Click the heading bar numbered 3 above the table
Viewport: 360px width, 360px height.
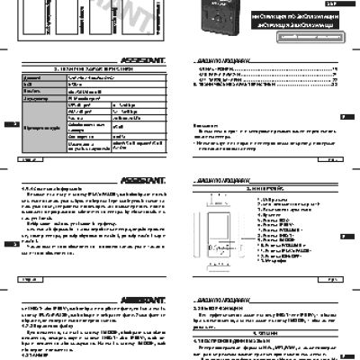[x=94, y=67]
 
